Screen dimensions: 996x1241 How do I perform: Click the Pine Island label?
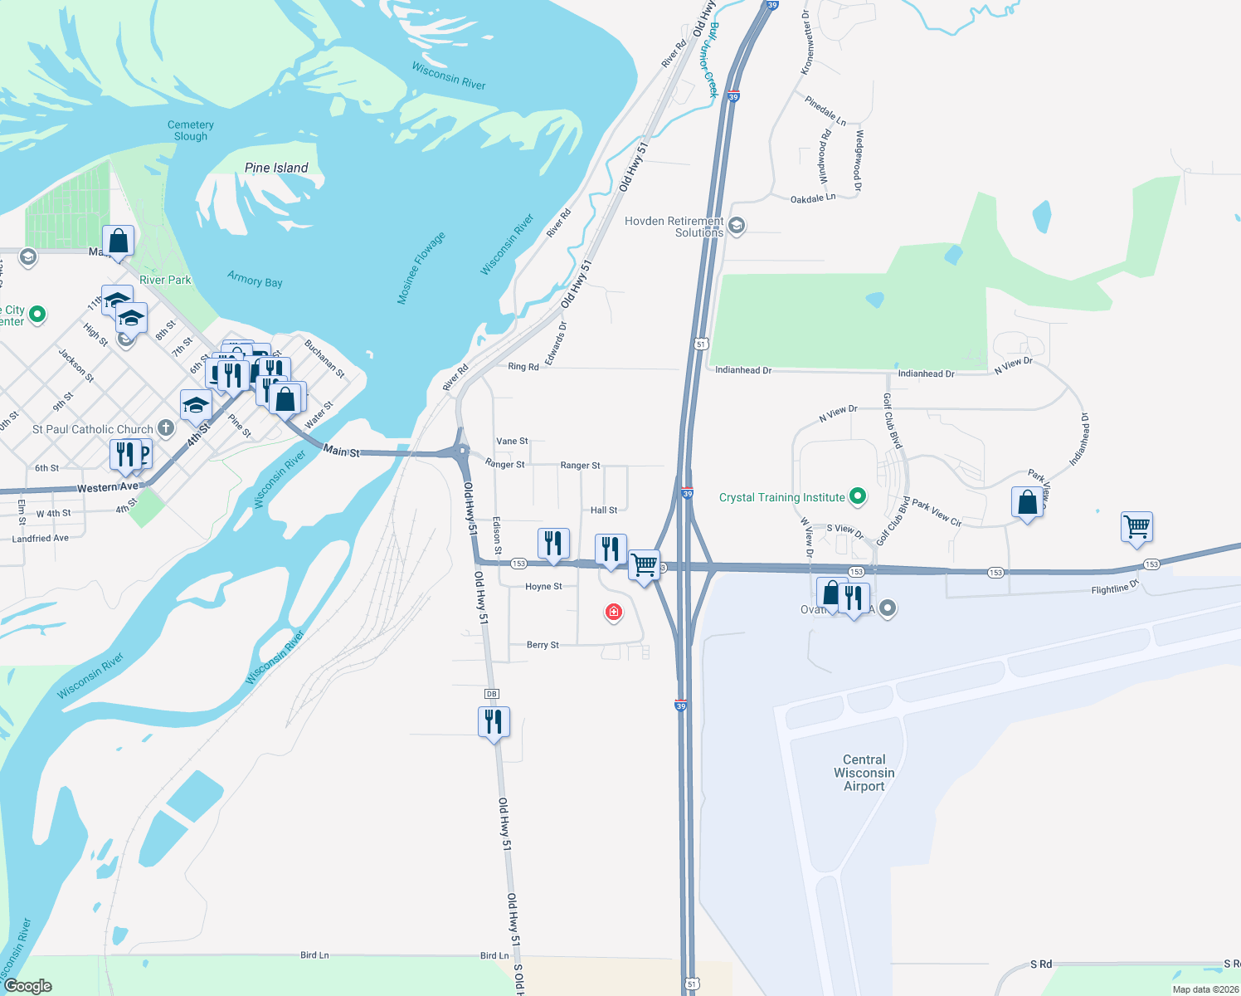[x=276, y=168]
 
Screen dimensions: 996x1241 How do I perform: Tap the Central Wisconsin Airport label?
[x=864, y=773]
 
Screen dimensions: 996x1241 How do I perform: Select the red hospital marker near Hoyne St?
[x=614, y=613]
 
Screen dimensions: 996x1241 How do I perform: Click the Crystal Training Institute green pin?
[x=859, y=496]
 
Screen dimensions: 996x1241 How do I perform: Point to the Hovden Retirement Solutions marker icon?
[x=736, y=226]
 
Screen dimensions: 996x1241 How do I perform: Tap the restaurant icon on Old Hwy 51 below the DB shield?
[x=494, y=722]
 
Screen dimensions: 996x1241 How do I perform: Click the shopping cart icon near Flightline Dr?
[x=1136, y=526]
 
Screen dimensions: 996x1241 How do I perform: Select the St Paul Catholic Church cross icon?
[x=166, y=428]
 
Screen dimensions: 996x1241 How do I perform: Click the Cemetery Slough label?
[x=191, y=130]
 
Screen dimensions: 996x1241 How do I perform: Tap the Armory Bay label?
[x=255, y=280]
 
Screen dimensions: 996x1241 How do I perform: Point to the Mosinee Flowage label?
[x=421, y=268]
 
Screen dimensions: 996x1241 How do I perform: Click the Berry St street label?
[x=543, y=645]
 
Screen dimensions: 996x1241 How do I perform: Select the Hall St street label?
[x=604, y=510]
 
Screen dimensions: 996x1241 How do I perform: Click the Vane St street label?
[x=512, y=442]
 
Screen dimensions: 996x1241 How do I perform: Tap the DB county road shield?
[x=491, y=694]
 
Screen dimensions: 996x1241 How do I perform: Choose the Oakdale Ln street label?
[x=812, y=199]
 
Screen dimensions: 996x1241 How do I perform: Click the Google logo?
[x=28, y=986]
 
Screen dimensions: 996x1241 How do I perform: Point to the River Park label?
[x=165, y=280]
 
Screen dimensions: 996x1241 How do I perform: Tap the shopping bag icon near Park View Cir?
[x=1027, y=502]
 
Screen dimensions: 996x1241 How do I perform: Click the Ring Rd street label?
[x=523, y=367]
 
